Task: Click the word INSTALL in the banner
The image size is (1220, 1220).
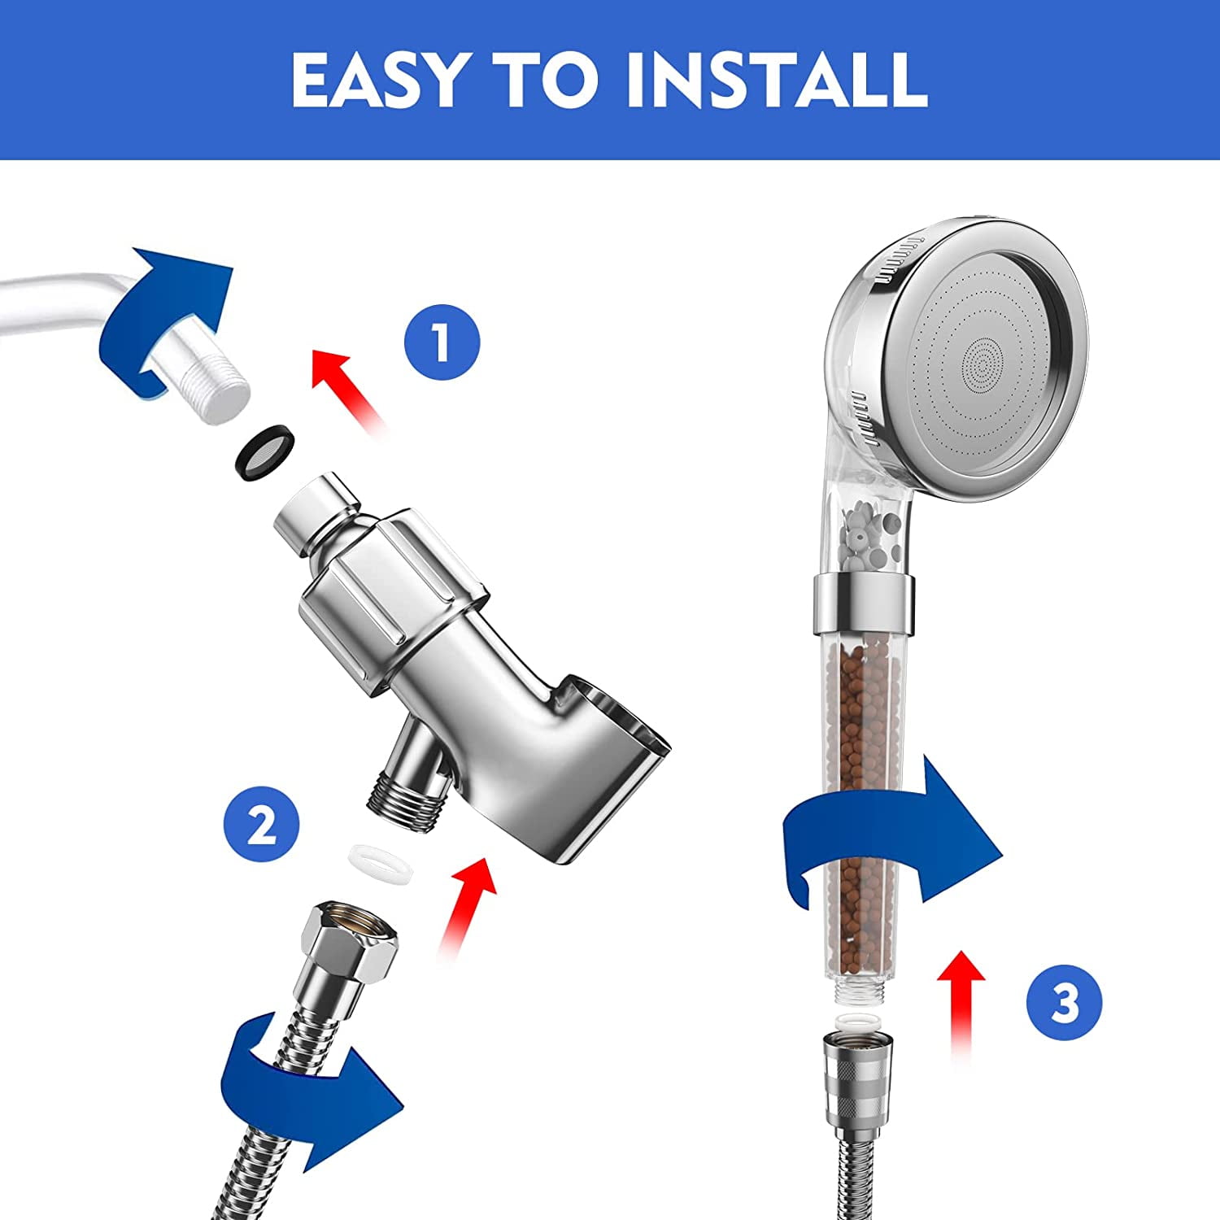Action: [x=777, y=80]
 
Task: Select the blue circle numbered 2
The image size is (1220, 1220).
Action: [x=262, y=826]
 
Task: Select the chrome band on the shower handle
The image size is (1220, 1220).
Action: [x=863, y=603]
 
